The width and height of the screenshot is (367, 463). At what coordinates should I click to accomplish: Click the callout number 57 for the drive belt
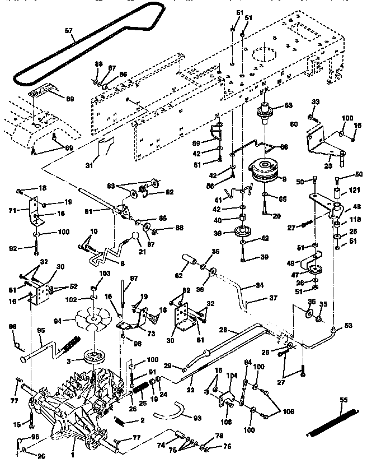[x=69, y=31]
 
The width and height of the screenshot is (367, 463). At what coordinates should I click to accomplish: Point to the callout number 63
[x=289, y=105]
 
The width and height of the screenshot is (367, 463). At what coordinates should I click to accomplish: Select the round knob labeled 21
[x=135, y=237]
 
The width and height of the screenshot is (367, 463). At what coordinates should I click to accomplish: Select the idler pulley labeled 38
[x=242, y=232]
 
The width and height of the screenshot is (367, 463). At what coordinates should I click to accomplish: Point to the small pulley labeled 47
[x=313, y=270]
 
